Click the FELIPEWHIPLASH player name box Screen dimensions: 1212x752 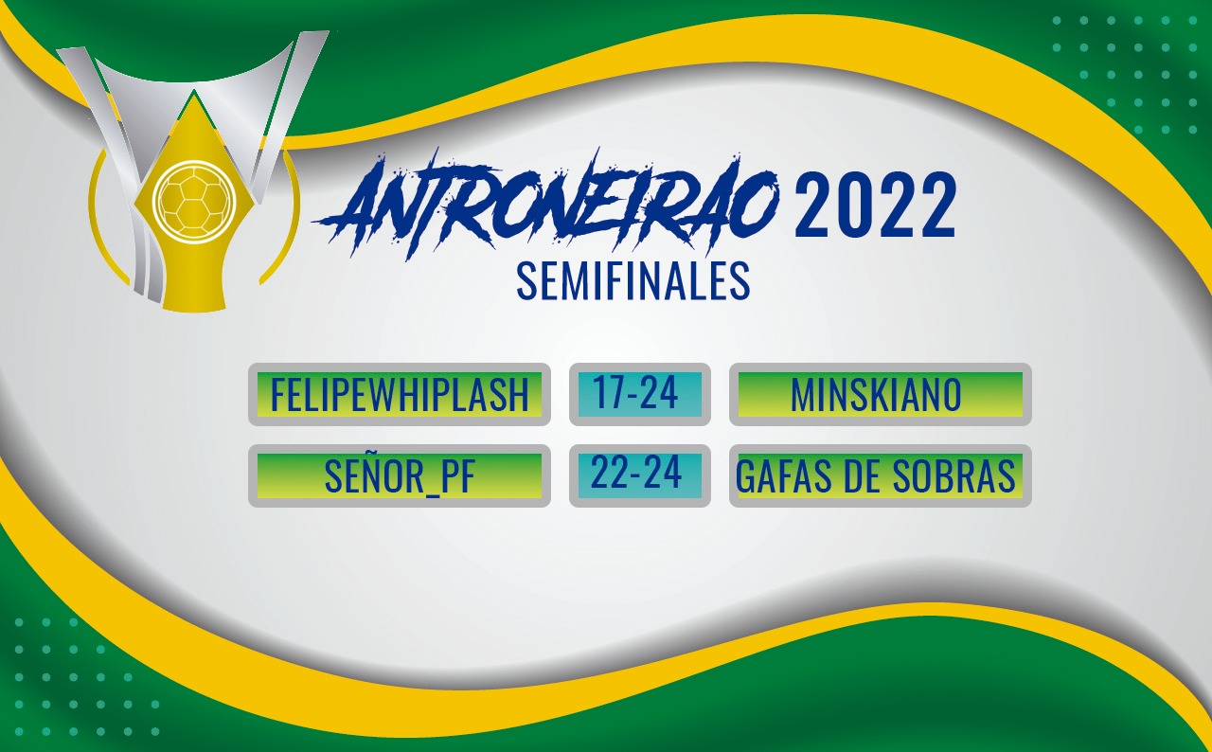point(400,394)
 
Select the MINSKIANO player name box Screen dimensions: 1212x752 point(881,394)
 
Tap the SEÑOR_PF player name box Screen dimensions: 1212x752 point(400,475)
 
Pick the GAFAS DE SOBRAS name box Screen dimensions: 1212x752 point(881,475)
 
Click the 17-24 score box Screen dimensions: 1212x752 point(639,394)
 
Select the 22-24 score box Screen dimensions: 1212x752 point(639,475)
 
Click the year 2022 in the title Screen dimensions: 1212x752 point(875,206)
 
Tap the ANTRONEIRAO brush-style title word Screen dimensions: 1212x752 point(546,206)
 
